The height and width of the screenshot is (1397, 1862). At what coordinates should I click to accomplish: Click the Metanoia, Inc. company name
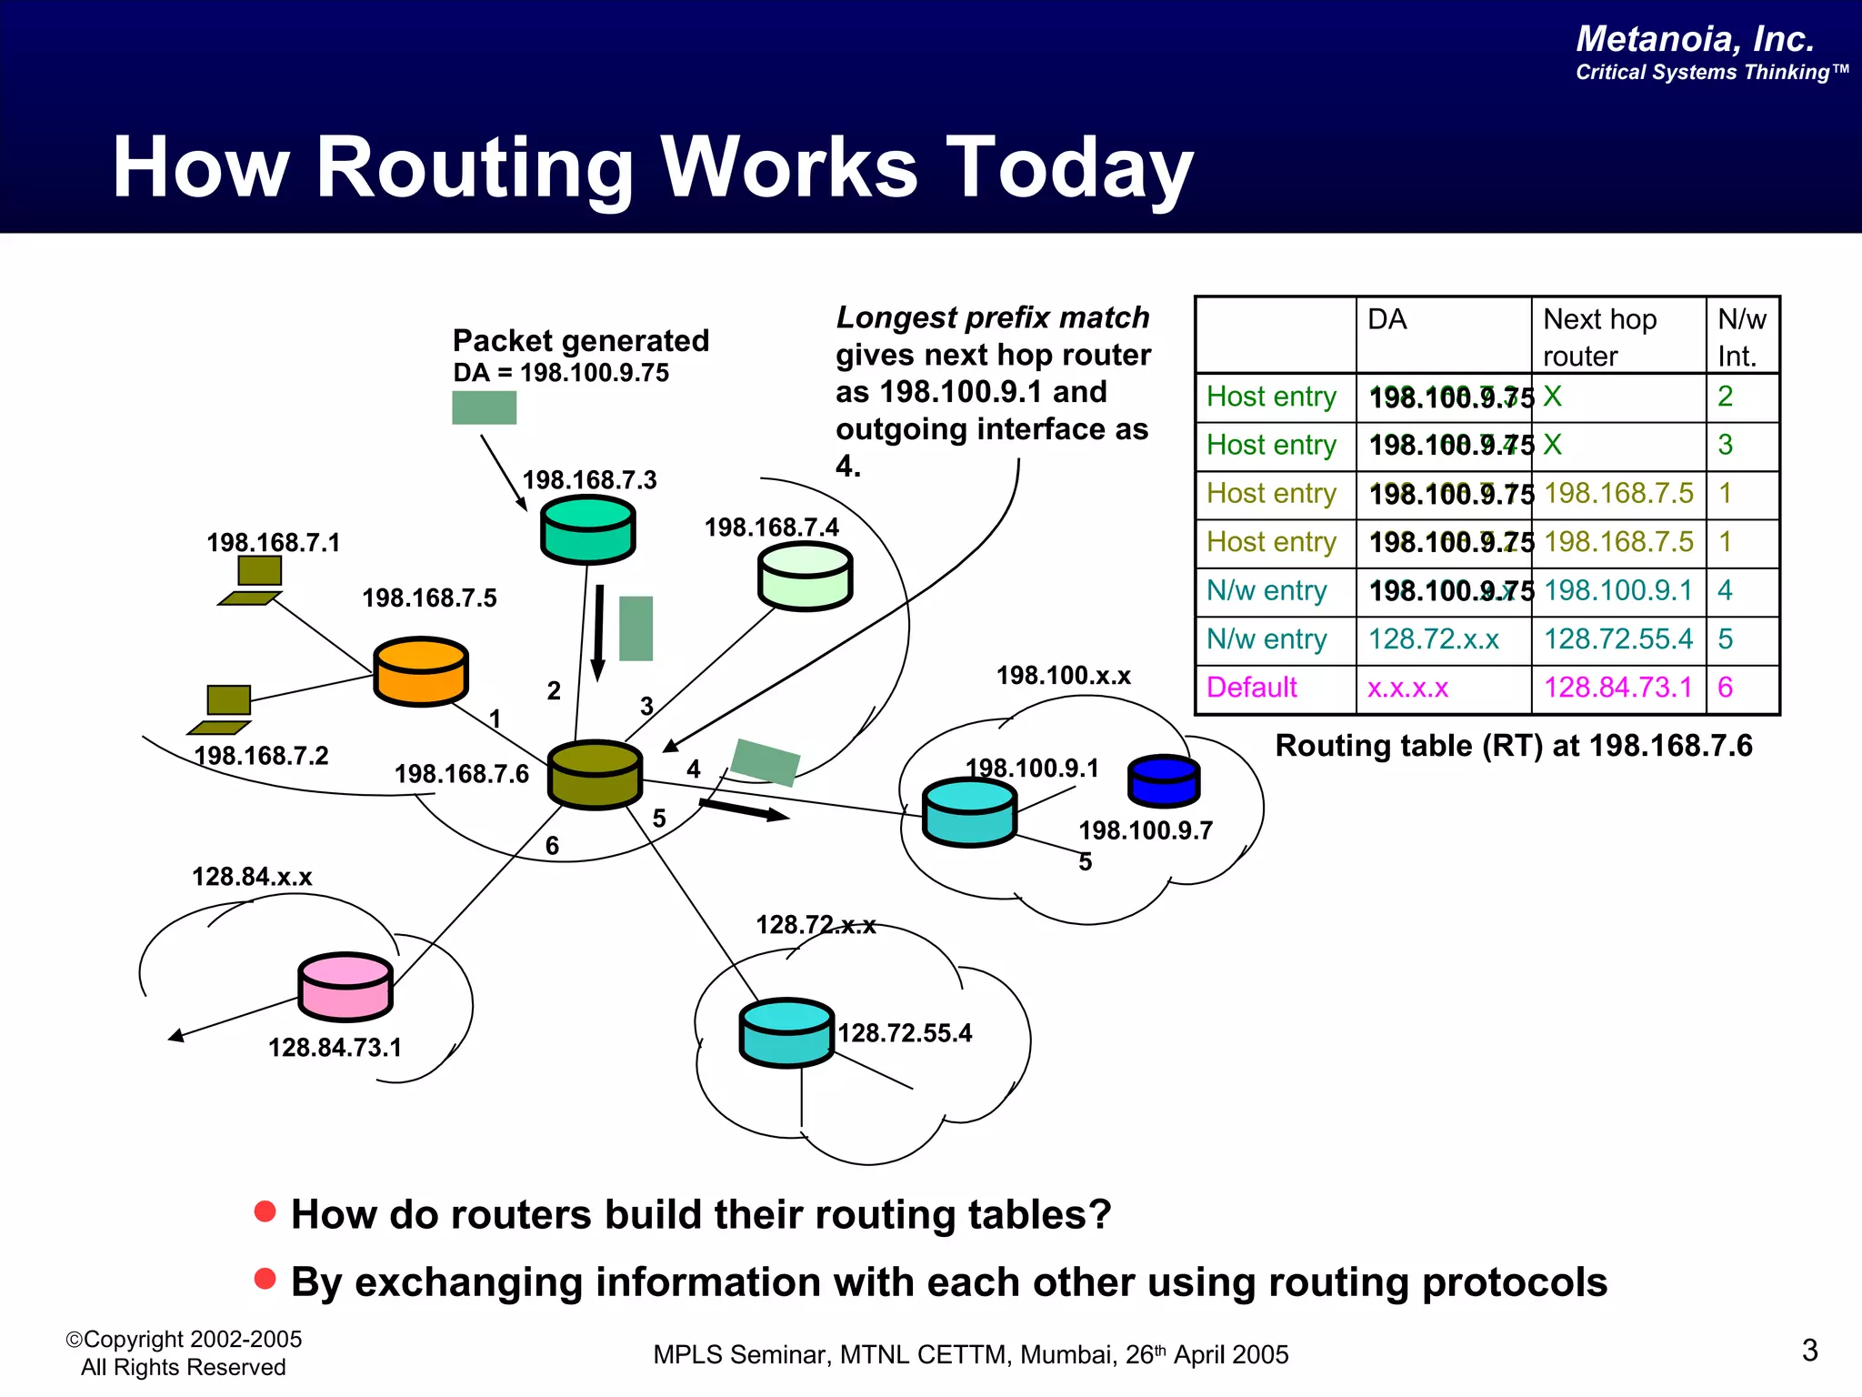(x=1695, y=39)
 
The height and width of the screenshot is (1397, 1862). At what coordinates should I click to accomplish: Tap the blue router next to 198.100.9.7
(x=1164, y=780)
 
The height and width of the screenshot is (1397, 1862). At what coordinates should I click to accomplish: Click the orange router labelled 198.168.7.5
(x=421, y=671)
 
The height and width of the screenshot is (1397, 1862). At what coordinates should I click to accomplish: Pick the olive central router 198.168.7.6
(x=596, y=774)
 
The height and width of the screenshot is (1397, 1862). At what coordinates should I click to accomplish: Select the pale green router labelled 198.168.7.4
(x=805, y=576)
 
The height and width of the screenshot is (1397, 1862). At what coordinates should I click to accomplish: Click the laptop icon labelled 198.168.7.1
(x=254, y=580)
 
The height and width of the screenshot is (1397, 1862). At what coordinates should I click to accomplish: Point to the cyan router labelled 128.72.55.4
(x=786, y=1032)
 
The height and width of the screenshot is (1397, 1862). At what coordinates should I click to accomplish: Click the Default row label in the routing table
(x=1251, y=688)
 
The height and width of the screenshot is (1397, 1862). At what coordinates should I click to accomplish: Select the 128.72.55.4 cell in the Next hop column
(x=1617, y=639)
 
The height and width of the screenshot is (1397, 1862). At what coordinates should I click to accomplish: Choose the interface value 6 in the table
(x=1725, y=688)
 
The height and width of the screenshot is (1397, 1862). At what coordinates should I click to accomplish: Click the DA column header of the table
(x=1387, y=320)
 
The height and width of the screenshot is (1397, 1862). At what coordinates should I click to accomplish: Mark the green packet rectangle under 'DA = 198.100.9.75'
(x=484, y=407)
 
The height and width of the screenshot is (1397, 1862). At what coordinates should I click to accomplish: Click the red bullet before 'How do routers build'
(x=265, y=1211)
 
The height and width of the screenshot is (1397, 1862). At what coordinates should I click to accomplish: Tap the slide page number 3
(x=1809, y=1350)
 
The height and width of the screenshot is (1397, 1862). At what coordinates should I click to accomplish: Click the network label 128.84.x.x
(x=252, y=877)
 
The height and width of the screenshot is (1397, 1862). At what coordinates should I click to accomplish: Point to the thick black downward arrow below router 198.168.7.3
(x=598, y=633)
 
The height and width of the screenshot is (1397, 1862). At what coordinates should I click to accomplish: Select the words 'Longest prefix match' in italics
(x=993, y=317)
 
